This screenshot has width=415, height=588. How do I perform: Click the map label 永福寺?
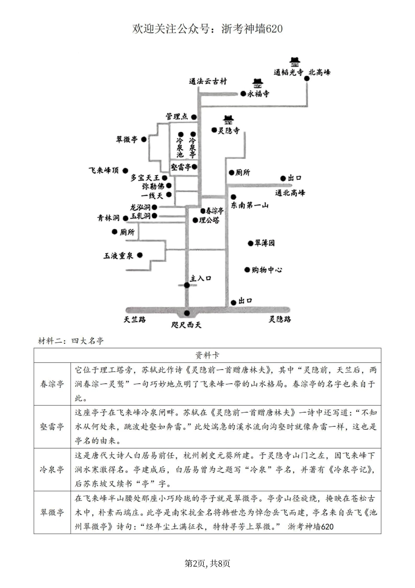(x=258, y=94)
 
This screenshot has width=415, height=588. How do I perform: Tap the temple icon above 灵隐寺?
(x=228, y=119)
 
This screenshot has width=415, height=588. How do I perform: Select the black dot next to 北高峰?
(x=307, y=79)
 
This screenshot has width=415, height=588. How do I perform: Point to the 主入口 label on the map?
(x=201, y=278)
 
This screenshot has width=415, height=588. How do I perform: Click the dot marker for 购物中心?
(x=247, y=270)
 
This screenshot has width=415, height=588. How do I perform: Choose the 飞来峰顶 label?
(x=104, y=170)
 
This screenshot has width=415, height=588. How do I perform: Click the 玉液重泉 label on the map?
(x=118, y=255)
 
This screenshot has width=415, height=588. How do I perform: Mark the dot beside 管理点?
(x=194, y=117)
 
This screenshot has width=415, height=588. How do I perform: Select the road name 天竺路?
(x=135, y=320)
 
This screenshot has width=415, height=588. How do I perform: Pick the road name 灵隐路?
(x=280, y=320)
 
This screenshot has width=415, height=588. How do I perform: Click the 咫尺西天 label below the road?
(x=187, y=325)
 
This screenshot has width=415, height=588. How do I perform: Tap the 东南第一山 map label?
(x=250, y=205)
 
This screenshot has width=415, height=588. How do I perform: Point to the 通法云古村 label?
(x=208, y=81)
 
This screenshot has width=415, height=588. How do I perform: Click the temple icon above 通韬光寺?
(x=295, y=62)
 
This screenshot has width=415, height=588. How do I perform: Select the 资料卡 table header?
(x=207, y=355)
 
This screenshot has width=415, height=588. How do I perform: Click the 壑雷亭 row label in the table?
(x=52, y=427)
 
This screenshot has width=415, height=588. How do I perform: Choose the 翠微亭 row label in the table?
(x=52, y=512)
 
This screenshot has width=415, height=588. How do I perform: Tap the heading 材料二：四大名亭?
(x=71, y=341)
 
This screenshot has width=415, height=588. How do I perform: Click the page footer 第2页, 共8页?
(x=207, y=563)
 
